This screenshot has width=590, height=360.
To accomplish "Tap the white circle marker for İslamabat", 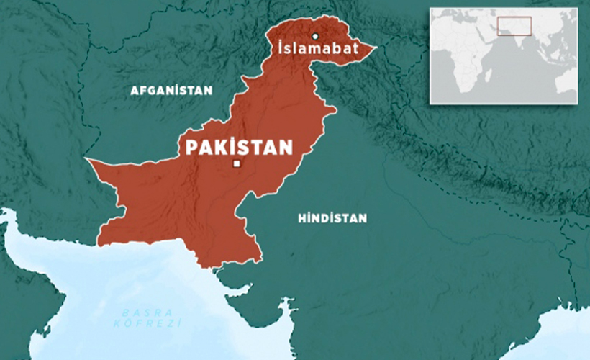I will (314, 36).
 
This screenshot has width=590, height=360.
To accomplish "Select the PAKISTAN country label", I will (240, 148).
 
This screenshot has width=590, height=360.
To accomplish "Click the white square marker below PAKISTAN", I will (236, 164).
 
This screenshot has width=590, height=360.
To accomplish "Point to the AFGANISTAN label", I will (171, 91).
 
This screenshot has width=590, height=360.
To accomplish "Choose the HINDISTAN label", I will (332, 217).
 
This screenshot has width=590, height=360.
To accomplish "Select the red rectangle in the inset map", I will (514, 26).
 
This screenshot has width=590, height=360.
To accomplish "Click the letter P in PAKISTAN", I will (191, 148).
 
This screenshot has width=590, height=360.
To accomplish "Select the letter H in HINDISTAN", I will (301, 217).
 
